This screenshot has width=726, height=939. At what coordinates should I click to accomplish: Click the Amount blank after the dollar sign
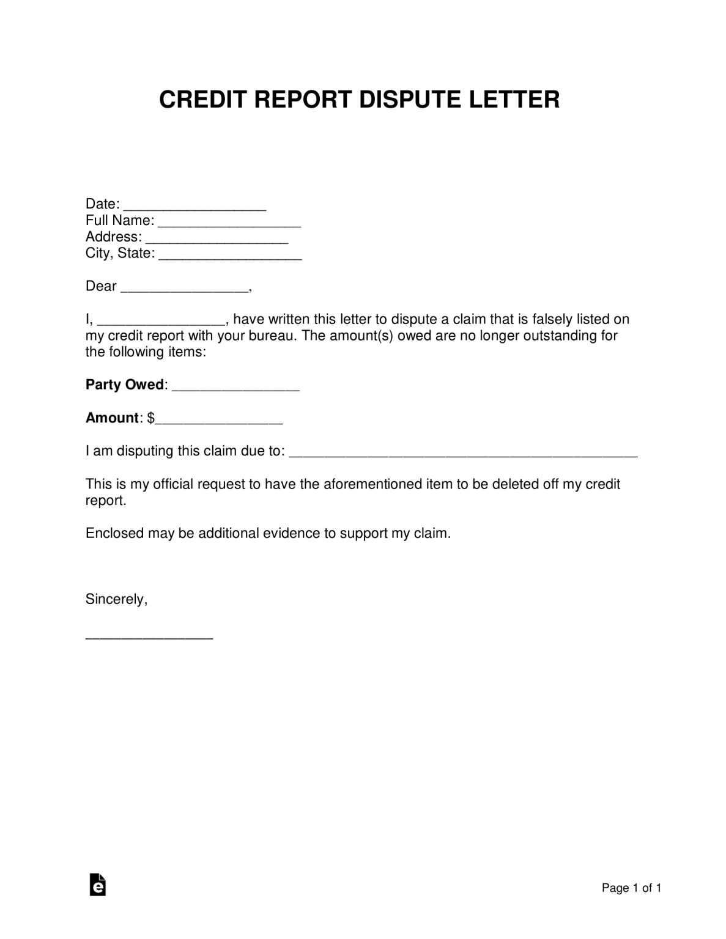coord(219,420)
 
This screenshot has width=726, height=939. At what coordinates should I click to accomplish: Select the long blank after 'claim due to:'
coord(463,453)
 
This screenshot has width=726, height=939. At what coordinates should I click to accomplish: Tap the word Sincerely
coord(116,599)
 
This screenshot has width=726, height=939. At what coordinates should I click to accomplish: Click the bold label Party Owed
coord(125,385)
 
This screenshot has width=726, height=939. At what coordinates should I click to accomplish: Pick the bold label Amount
coord(112,418)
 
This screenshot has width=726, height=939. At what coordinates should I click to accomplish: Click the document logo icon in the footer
coord(98,885)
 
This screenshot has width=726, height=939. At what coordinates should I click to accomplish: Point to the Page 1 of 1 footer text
coord(631,888)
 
